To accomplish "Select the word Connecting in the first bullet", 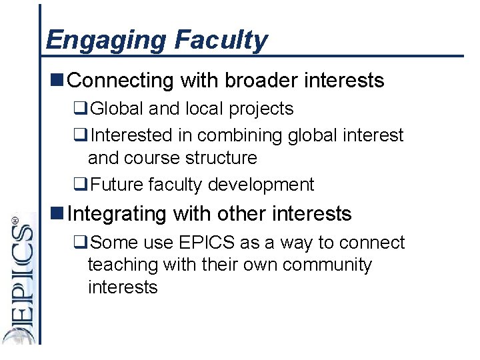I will tap(121, 81).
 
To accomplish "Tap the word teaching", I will tap(123, 265).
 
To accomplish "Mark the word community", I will tap(327, 265).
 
